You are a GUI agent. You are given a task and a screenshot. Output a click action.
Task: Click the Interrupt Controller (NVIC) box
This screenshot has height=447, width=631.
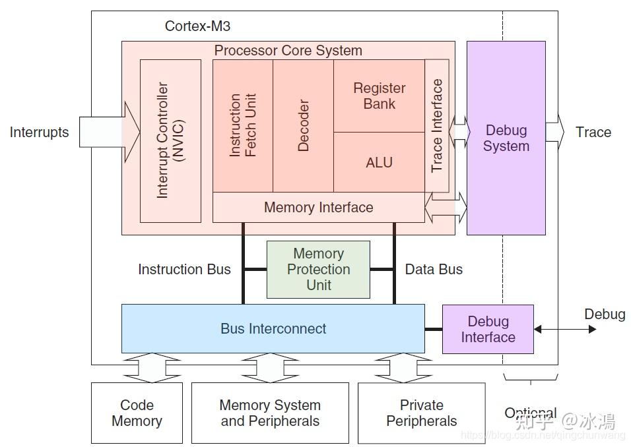coord(170,140)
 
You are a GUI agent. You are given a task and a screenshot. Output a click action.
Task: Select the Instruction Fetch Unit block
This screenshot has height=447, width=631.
coord(242,125)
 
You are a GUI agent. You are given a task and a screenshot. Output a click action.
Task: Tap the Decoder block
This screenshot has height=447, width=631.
coord(303,125)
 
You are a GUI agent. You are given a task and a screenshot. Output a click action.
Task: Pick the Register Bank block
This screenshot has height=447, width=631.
coord(379,96)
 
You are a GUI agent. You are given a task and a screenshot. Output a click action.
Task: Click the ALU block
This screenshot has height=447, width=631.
coord(379,162)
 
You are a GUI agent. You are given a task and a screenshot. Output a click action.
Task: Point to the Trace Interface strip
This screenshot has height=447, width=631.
coord(437,125)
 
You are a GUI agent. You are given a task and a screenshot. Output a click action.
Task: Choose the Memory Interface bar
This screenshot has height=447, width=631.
coord(318,208)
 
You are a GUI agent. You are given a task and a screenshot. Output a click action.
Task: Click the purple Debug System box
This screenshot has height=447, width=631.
coord(506,138)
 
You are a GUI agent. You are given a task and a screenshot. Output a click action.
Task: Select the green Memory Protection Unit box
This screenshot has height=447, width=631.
coord(318,270)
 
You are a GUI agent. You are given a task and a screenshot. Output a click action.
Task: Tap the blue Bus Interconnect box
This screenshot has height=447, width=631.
coord(273,328)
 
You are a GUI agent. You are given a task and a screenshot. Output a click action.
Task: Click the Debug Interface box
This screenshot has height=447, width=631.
coord(488,329)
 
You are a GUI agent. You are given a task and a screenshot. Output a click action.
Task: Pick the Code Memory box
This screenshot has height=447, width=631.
coord(137,413)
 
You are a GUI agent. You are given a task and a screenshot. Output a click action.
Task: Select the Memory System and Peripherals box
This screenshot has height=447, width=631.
coord(269,413)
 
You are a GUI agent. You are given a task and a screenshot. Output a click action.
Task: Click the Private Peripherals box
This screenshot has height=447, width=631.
coord(421,413)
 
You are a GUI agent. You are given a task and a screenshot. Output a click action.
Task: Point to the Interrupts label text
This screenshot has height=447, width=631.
coord(39,132)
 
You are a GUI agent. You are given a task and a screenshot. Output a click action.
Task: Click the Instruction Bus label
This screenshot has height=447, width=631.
coord(184,269)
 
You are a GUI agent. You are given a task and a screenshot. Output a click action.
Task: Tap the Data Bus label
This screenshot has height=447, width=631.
coord(434,269)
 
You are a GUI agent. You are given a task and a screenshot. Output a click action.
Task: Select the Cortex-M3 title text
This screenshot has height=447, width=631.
coord(197,26)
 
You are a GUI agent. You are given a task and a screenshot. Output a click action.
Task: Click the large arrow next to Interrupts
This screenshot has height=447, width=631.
coord(110,132)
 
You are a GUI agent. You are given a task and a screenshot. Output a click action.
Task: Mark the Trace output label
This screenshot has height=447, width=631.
coord(593,132)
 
